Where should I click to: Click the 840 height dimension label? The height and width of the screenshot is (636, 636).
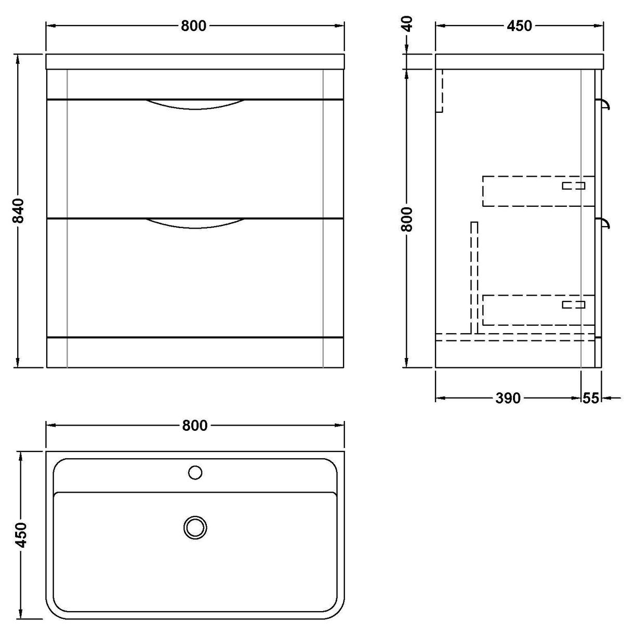(x=19, y=210)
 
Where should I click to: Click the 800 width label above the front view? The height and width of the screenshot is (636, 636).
(x=194, y=25)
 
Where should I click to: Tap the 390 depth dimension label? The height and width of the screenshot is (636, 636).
(x=507, y=398)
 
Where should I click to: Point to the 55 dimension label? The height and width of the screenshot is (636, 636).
(x=590, y=398)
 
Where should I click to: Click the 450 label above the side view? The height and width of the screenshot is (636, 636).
(x=519, y=25)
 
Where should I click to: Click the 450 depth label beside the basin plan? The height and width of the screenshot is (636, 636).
(x=21, y=535)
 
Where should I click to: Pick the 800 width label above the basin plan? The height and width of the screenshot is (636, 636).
(x=195, y=426)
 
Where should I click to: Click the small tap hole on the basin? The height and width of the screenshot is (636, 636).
(x=195, y=473)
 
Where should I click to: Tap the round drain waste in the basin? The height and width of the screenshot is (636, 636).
(x=195, y=527)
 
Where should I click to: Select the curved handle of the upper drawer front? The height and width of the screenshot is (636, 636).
(x=195, y=104)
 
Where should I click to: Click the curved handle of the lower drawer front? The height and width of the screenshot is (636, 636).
(x=195, y=223)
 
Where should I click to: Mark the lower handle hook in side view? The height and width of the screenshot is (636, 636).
(x=605, y=223)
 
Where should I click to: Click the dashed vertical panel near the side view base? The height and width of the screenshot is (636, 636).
(x=473, y=278)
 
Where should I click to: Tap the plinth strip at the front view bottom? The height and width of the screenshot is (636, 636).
(x=195, y=352)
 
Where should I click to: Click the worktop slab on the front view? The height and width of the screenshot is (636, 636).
(x=195, y=61)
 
